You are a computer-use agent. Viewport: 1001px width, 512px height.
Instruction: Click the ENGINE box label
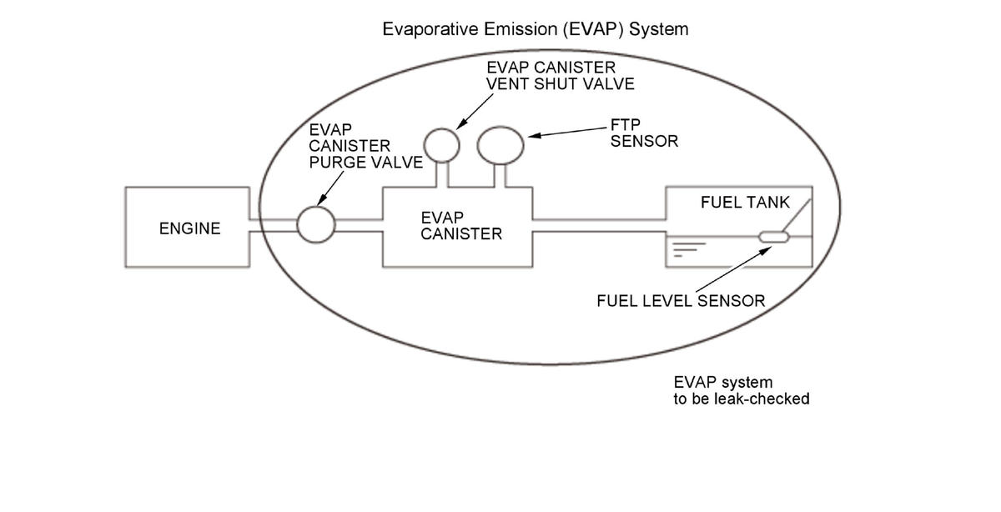tap(190, 228)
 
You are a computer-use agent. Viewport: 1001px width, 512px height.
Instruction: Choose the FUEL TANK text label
tap(745, 203)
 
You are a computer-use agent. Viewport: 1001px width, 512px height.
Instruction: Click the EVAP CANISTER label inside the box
tap(461, 226)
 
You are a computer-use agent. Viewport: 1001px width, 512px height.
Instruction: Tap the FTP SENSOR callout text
tap(644, 133)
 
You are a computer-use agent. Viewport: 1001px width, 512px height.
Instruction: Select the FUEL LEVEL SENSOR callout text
tap(681, 301)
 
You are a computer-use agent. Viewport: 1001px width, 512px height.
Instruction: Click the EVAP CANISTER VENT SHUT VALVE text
tap(561, 76)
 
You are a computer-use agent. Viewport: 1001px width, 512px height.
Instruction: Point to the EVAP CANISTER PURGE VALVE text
tap(365, 146)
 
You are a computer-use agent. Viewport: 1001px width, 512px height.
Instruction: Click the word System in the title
tap(659, 29)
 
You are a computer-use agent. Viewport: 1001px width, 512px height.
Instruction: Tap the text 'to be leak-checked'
tap(742, 399)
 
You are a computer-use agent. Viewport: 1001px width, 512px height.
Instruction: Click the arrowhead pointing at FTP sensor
tap(535, 135)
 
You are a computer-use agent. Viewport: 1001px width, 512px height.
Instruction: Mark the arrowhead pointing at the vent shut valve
tap(461, 124)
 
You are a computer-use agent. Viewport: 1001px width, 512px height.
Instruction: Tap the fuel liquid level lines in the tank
tap(689, 249)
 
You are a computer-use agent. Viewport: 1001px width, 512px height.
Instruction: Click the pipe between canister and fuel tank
tap(599, 226)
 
